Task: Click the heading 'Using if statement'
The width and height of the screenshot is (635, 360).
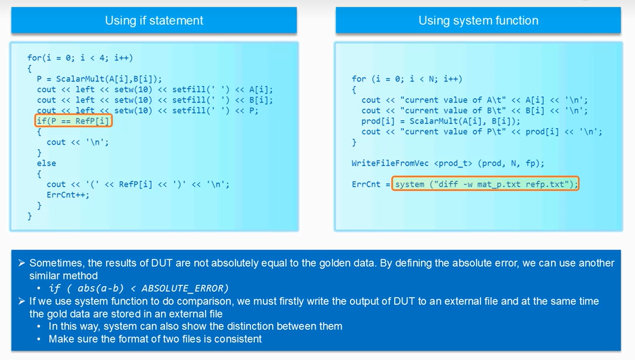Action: pyautogui.click(x=154, y=21)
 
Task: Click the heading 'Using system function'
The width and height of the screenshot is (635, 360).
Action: pyautogui.click(x=478, y=21)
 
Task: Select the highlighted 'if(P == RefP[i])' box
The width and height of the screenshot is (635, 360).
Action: pyautogui.click(x=74, y=121)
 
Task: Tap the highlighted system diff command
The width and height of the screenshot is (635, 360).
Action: pyautogui.click(x=485, y=184)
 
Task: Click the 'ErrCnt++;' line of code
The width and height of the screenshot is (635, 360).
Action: pyautogui.click(x=68, y=194)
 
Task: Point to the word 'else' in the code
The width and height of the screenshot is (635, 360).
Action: pyautogui.click(x=47, y=163)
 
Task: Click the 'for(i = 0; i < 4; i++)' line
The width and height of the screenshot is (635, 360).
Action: pyautogui.click(x=80, y=58)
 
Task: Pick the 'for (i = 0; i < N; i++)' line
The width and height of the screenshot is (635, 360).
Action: pyautogui.click(x=407, y=79)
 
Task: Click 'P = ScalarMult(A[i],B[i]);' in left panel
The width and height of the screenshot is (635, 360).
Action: pyautogui.click(x=99, y=79)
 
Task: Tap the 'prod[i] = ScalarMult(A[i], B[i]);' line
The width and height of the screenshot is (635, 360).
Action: pyautogui.click(x=440, y=121)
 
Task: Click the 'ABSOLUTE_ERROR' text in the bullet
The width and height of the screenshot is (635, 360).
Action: pyautogui.click(x=184, y=288)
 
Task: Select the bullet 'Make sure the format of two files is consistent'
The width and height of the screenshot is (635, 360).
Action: pyautogui.click(x=155, y=339)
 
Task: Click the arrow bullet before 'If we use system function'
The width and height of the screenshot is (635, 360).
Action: pyautogui.click(x=22, y=302)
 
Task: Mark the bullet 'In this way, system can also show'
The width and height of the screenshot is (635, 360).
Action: pyautogui.click(x=195, y=327)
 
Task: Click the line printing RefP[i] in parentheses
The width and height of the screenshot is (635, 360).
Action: pyautogui.click(x=138, y=184)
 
